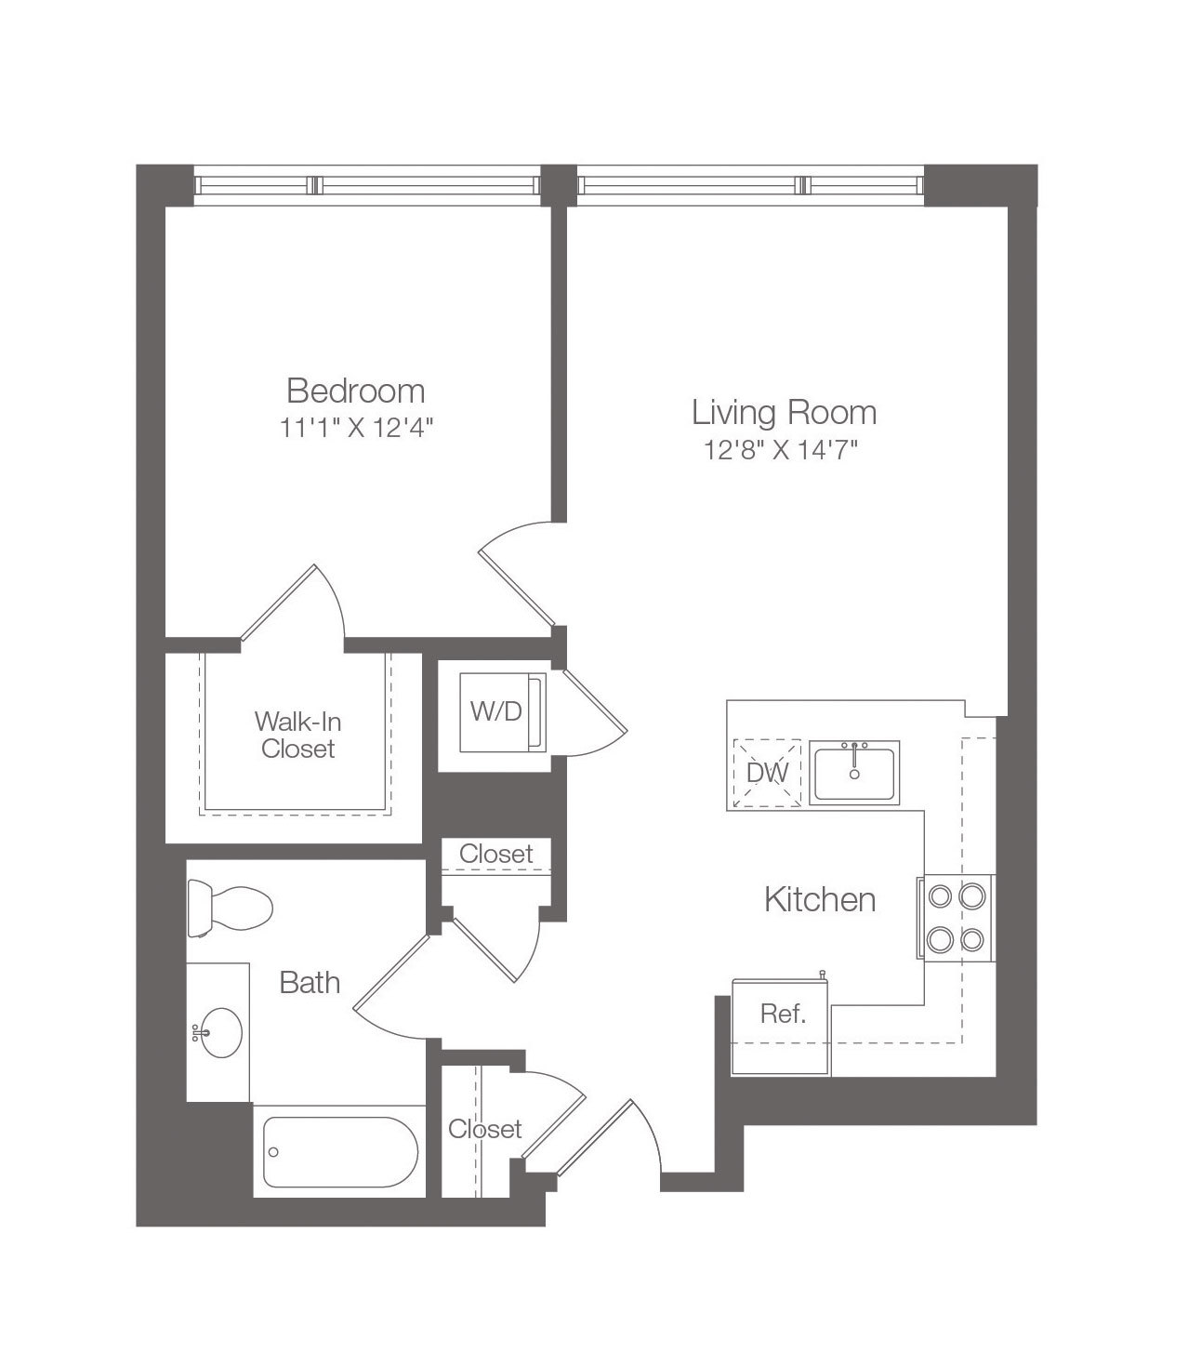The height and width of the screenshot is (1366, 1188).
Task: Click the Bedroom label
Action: coord(356,391)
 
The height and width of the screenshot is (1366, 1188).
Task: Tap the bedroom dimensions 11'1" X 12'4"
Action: coord(356,428)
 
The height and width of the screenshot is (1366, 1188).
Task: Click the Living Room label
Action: coord(784,413)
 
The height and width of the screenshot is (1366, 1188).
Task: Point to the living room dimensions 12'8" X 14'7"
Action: coord(780,451)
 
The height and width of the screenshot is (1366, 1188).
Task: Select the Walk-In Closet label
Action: coord(297,736)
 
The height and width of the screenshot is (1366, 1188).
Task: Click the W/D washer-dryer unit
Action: coord(503,712)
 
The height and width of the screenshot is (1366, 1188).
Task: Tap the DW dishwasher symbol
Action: coord(767,773)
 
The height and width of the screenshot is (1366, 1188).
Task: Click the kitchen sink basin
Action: coord(854,773)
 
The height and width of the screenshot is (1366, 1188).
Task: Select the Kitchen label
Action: coord(820,900)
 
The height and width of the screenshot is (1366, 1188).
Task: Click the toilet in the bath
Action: coord(230,908)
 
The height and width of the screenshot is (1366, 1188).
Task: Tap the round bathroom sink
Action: coord(220,1033)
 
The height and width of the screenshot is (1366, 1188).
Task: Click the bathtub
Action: coord(339,1152)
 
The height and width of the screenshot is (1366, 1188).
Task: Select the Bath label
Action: coord(310,983)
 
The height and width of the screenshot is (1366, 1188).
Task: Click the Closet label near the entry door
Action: coord(484,1129)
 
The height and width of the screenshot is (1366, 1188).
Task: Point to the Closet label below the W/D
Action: coord(495,854)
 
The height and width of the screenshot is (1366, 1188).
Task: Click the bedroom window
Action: coord(366,185)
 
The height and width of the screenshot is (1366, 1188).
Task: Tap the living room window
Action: coord(750,185)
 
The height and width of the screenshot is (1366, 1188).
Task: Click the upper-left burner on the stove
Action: coord(940,896)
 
